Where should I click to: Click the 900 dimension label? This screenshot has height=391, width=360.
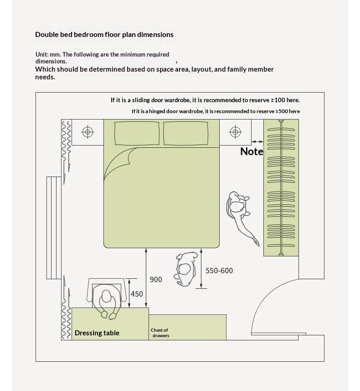point(156,280)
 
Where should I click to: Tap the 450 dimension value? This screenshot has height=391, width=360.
point(137,294)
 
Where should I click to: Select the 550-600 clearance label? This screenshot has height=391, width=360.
point(219,271)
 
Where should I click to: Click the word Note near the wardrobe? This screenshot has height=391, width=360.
point(252,151)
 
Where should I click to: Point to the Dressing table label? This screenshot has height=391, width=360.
point(97,333)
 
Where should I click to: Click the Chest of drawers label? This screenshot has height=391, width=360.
point(160,333)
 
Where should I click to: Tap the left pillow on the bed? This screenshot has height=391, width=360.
point(137,133)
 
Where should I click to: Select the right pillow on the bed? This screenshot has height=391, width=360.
point(185,133)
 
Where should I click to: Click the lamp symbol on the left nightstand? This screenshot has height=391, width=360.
point(87,132)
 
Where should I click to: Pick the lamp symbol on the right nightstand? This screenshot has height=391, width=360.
point(236,132)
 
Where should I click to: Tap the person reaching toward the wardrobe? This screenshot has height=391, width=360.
point(241,214)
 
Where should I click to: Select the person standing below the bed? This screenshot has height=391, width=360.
point(185,269)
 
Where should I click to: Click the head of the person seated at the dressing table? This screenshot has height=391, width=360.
point(106,296)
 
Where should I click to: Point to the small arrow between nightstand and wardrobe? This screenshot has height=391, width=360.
point(257,141)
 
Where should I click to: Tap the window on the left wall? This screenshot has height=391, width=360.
point(54,228)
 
